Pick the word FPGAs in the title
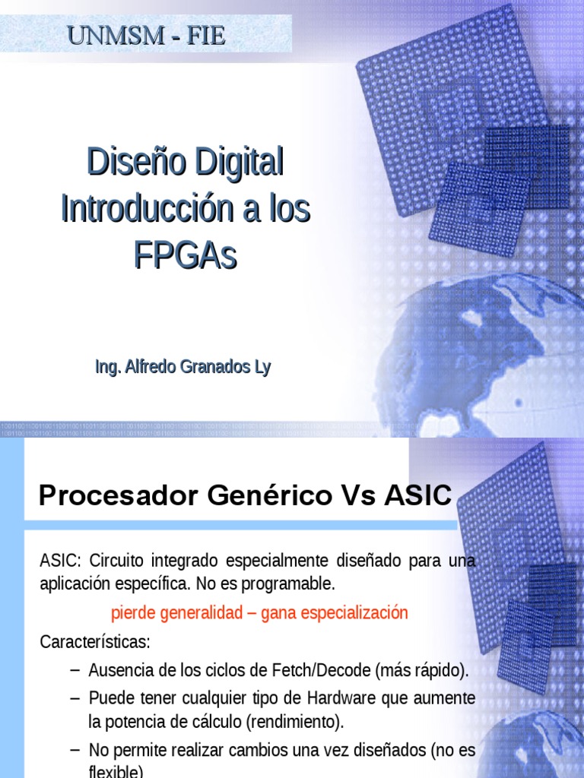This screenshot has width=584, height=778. click(186, 256)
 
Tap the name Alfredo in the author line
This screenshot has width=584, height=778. click(148, 368)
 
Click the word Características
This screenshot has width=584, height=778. click(95, 642)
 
